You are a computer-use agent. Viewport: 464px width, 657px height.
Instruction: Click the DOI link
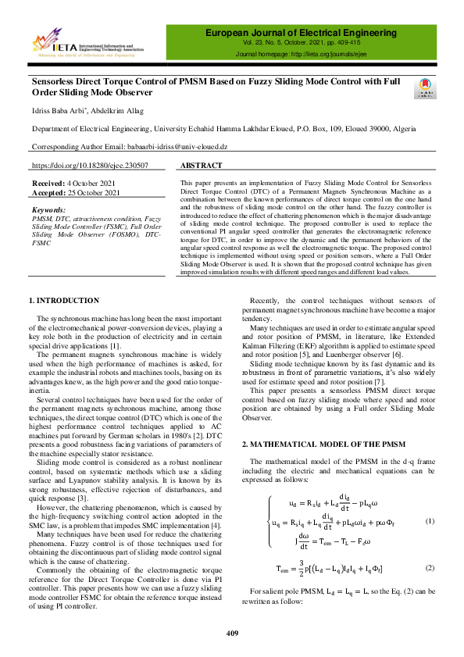89,166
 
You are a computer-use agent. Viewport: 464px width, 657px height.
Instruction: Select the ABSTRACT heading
201,166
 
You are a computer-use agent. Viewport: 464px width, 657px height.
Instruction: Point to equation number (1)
430,521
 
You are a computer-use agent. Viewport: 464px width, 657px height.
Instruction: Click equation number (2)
430,570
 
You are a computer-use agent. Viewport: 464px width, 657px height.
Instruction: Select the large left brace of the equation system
270,521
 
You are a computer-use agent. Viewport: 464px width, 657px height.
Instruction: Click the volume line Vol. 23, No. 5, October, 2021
304,45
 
